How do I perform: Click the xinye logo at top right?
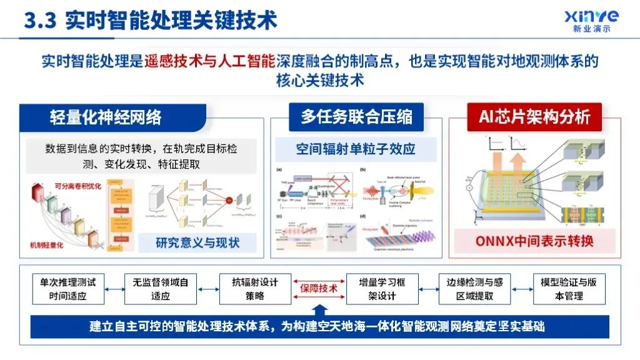click(x=591, y=21)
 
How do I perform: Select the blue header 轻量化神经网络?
click(x=106, y=117)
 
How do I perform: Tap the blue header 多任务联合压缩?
click(x=357, y=117)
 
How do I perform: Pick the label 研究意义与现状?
click(x=197, y=242)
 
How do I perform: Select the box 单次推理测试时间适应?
click(x=68, y=289)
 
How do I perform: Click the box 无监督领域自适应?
click(x=161, y=289)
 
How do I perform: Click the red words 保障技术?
click(x=319, y=288)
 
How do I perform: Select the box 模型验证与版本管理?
click(x=568, y=289)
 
